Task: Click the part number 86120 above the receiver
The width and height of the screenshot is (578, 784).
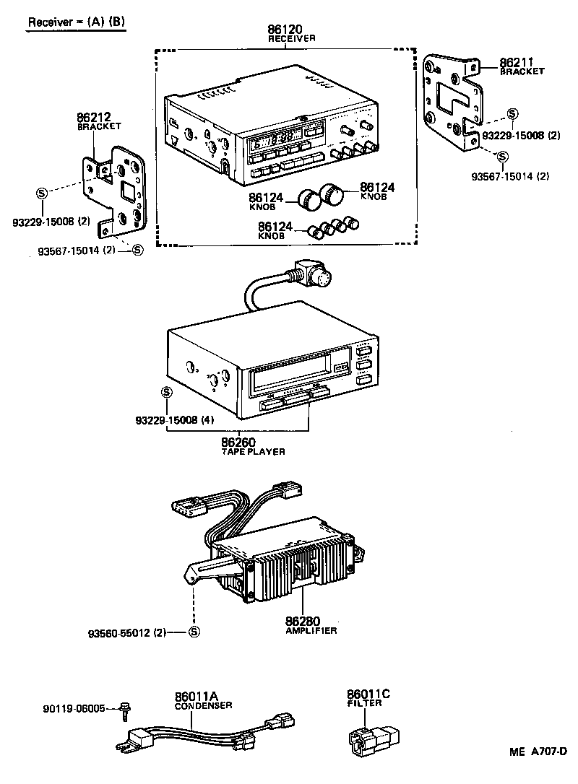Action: (284, 30)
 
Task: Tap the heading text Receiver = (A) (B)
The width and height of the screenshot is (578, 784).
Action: (76, 22)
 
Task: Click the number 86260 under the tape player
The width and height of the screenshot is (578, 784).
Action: (239, 442)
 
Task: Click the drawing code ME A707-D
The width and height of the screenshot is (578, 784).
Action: (537, 752)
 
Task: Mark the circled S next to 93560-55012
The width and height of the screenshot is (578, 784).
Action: (193, 632)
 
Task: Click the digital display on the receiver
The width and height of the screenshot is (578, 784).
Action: (275, 138)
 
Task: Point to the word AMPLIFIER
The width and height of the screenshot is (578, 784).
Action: (303, 630)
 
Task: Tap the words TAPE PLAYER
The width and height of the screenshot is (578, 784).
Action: (253, 451)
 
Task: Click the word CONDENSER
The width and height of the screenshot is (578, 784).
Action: (203, 705)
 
